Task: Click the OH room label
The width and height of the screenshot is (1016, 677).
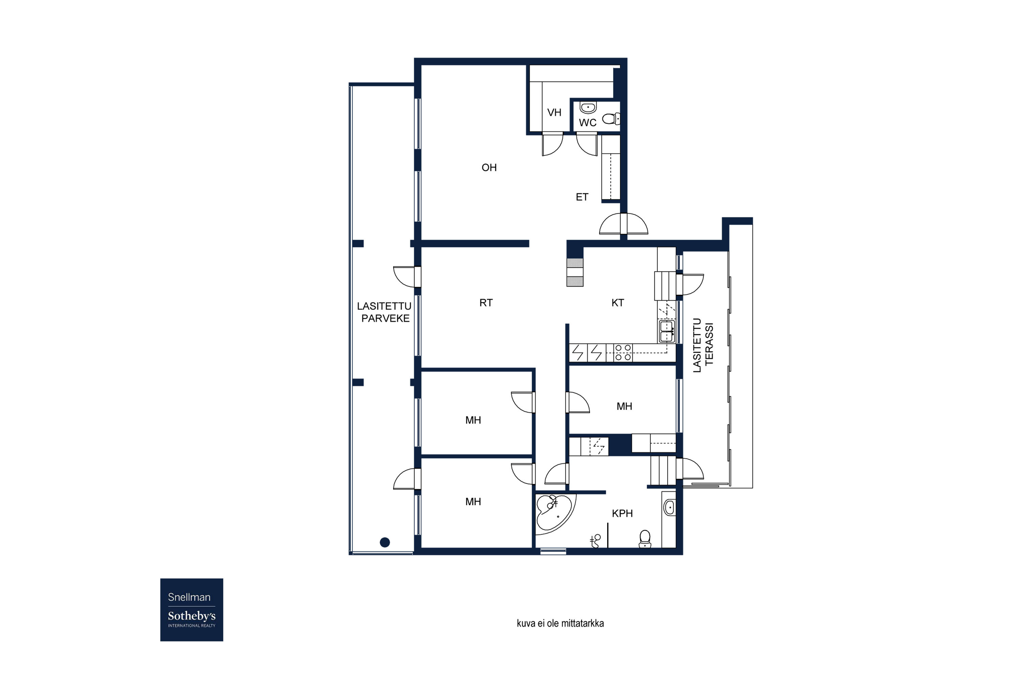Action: pyautogui.click(x=489, y=168)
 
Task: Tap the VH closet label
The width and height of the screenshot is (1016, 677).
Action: pyautogui.click(x=554, y=113)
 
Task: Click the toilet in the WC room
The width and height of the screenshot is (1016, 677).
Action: pyautogui.click(x=610, y=118)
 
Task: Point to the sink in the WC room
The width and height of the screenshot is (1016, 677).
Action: pyautogui.click(x=588, y=107)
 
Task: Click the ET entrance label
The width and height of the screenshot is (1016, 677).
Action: pyautogui.click(x=582, y=197)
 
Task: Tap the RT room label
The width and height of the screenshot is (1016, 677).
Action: pyautogui.click(x=486, y=303)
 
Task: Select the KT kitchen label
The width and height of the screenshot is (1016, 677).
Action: pyautogui.click(x=618, y=303)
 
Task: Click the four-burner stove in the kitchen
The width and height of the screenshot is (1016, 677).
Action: pyautogui.click(x=623, y=352)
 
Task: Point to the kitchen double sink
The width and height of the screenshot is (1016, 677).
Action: pyautogui.click(x=666, y=331)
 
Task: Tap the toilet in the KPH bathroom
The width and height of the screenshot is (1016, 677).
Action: pyautogui.click(x=644, y=539)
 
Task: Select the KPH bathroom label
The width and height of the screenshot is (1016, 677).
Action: pyautogui.click(x=622, y=514)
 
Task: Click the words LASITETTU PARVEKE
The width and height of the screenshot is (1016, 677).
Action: pyautogui.click(x=384, y=312)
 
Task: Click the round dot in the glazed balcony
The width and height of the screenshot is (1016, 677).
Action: pyautogui.click(x=385, y=542)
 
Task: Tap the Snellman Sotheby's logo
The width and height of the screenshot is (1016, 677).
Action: pyautogui.click(x=191, y=610)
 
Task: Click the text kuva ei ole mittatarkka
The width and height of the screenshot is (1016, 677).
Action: pyautogui.click(x=560, y=624)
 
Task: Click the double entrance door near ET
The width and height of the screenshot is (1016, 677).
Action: pyautogui.click(x=623, y=224)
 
